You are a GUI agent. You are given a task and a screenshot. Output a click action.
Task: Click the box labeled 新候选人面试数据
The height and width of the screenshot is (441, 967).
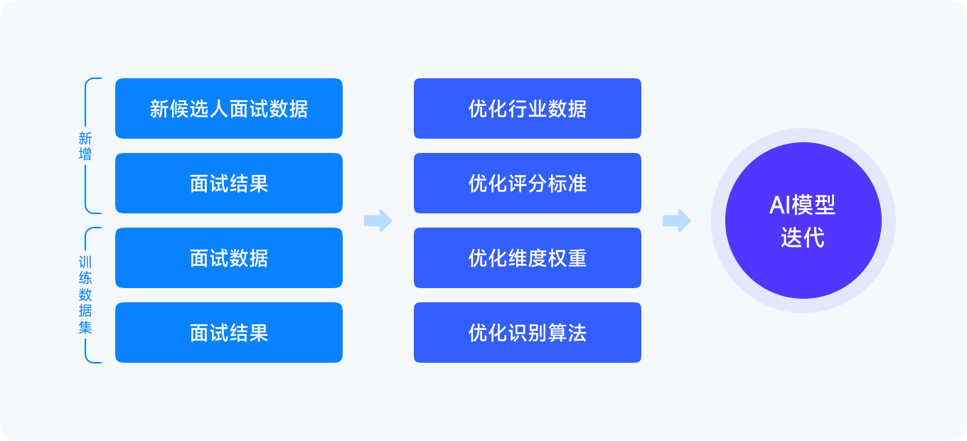[229, 108]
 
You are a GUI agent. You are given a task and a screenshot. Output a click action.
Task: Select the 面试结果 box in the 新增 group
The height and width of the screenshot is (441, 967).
[229, 183]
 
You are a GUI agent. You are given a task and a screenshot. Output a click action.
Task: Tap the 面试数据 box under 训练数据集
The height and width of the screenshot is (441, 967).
[229, 258]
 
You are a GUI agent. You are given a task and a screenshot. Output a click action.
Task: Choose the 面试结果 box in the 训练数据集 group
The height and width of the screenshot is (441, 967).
[229, 333]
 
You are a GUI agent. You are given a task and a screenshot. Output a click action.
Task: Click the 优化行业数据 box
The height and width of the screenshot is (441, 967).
[528, 108]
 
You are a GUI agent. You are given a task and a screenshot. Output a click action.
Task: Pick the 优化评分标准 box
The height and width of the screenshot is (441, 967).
[528, 183]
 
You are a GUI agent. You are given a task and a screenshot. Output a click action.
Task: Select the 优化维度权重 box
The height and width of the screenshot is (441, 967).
[528, 258]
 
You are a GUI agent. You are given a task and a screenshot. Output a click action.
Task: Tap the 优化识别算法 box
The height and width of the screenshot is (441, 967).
[528, 333]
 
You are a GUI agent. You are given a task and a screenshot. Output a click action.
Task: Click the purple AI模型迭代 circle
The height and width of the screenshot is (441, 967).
[803, 220]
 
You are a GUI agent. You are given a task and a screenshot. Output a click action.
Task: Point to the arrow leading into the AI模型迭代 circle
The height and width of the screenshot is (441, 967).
[677, 220]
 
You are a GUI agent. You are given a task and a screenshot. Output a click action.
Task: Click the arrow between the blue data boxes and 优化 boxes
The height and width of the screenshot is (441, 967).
[378, 220]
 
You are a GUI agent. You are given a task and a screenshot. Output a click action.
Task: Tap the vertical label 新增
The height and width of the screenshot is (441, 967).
[85, 147]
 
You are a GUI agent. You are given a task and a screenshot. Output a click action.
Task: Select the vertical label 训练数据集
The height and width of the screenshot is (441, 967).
[85, 295]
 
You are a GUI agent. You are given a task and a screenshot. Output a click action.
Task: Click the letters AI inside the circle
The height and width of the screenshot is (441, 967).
[779, 205]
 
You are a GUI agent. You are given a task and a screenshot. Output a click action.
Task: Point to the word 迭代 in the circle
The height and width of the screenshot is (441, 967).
[803, 238]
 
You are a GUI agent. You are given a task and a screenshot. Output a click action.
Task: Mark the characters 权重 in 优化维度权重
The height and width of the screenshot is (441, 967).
[567, 258]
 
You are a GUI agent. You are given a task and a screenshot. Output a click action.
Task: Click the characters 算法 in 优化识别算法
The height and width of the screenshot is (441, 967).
[567, 333]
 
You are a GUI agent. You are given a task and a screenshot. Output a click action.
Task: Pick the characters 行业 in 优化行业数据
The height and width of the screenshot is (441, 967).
[528, 109]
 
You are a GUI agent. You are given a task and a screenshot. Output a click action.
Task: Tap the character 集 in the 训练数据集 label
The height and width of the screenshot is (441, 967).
[85, 328]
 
